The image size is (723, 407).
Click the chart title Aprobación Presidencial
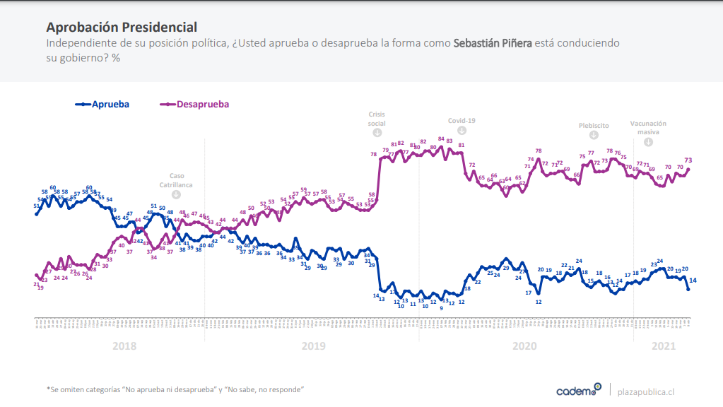(x=121, y=28)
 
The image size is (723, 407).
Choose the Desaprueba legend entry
(x=203, y=104)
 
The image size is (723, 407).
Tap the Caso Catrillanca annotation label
(x=176, y=180)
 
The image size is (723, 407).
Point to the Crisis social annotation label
(x=377, y=119)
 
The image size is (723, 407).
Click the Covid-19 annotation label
(x=462, y=120)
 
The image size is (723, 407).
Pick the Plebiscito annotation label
(x=594, y=124)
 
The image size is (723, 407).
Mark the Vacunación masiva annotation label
(x=648, y=127)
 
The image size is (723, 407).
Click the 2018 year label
(x=124, y=346)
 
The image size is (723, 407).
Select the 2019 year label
(x=313, y=346)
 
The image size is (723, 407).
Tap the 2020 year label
(x=524, y=346)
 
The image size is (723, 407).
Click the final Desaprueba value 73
(x=688, y=160)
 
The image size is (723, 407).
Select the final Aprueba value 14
(x=693, y=281)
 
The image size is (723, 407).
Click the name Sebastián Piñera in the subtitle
(x=493, y=43)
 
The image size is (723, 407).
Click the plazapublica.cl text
(x=646, y=391)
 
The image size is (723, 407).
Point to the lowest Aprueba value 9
(x=441, y=308)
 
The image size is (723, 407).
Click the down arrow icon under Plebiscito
(x=594, y=134)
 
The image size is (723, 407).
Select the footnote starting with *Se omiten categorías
(x=175, y=389)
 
